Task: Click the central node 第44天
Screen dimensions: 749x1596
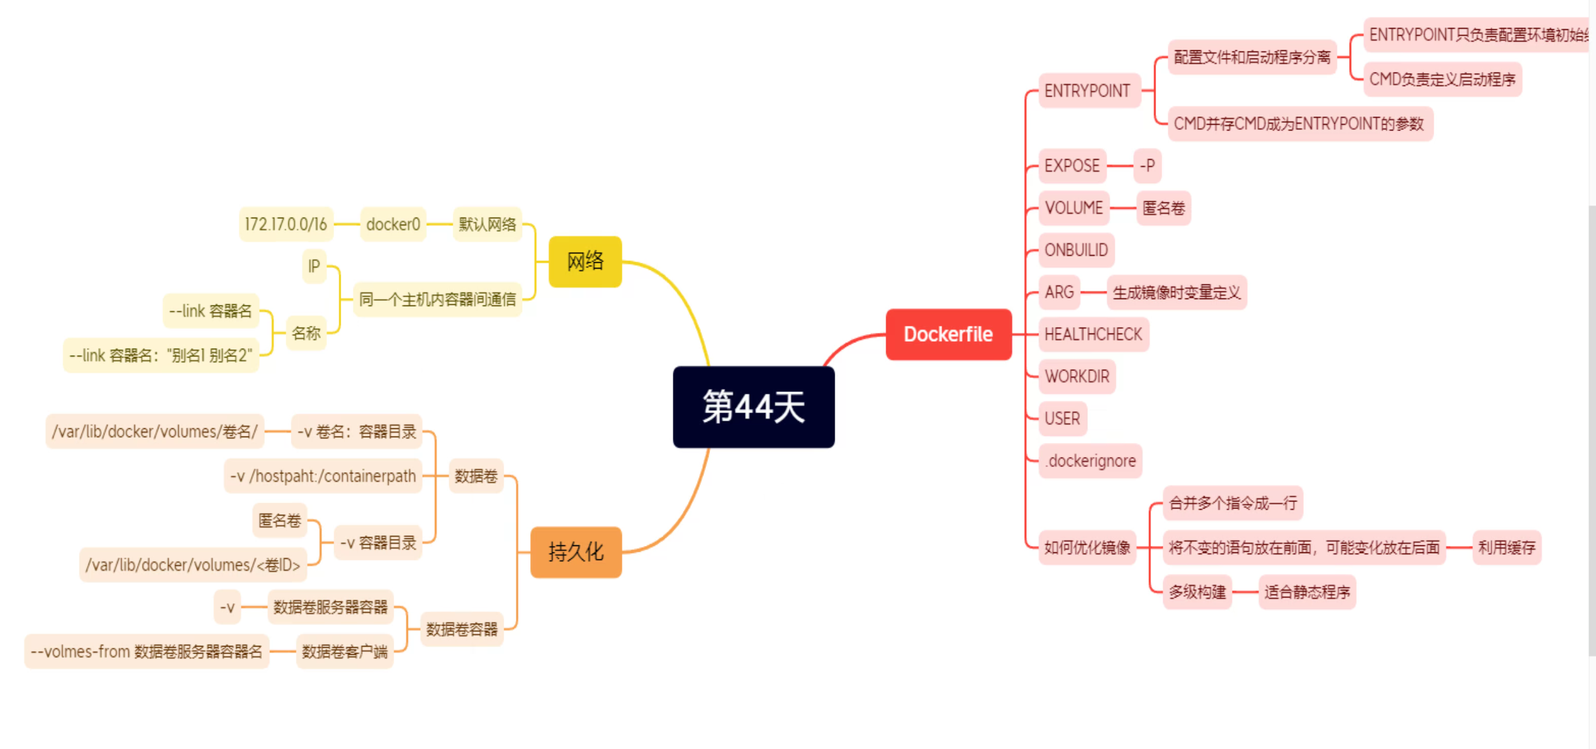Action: click(x=753, y=407)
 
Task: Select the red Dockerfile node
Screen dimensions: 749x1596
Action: click(x=948, y=334)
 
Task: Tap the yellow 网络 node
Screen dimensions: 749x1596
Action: click(x=584, y=262)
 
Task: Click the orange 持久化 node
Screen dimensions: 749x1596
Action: click(x=576, y=552)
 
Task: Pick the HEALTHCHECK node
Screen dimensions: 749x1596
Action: click(x=1092, y=334)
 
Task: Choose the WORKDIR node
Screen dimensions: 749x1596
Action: click(x=1077, y=377)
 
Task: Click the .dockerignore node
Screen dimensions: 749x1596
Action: click(x=1091, y=461)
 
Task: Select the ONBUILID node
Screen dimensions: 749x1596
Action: click(x=1076, y=250)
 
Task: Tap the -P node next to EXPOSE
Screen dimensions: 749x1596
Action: click(x=1147, y=166)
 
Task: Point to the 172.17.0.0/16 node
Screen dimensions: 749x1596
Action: click(x=286, y=224)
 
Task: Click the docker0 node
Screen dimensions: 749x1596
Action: click(x=393, y=224)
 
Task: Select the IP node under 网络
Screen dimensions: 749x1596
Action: click(x=314, y=266)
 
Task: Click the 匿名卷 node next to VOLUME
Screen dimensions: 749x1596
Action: click(x=1163, y=208)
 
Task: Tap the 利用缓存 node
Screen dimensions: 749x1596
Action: click(x=1506, y=547)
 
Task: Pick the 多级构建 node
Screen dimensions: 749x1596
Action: click(x=1197, y=592)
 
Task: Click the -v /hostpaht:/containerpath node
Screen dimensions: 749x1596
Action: click(x=323, y=476)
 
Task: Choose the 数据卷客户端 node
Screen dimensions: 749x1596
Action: click(x=344, y=652)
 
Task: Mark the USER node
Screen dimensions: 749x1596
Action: click(x=1062, y=419)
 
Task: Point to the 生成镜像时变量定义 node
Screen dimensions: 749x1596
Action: click(x=1176, y=293)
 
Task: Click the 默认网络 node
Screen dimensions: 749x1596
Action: click(x=487, y=224)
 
